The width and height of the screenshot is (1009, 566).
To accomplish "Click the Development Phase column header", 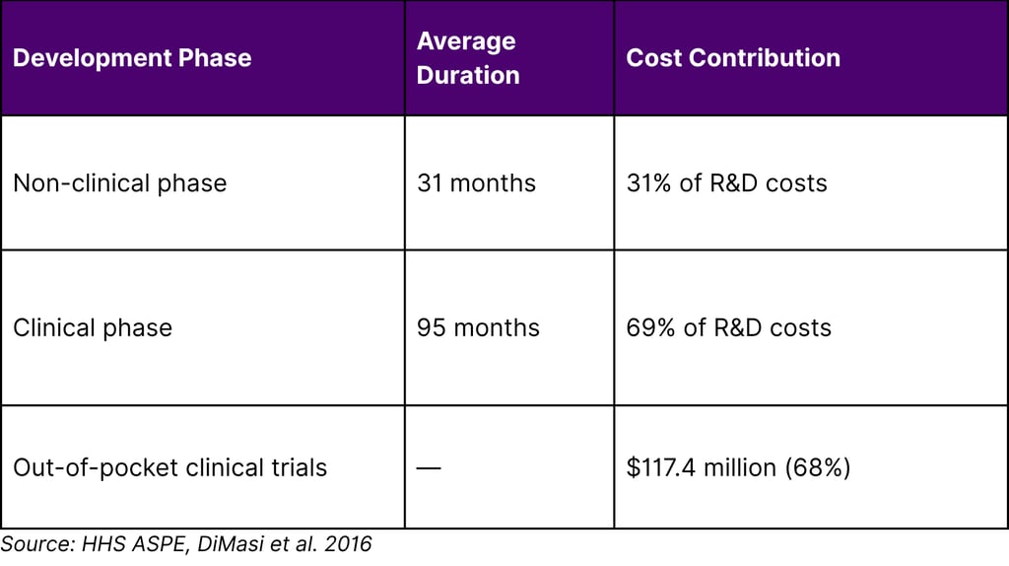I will tap(132, 58).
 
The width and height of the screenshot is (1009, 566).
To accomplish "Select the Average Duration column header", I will tap(468, 58).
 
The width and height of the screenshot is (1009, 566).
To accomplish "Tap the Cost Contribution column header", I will tap(733, 58).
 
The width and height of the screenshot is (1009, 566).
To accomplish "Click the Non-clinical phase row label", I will tap(119, 183).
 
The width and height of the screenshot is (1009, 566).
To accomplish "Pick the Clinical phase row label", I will tap(93, 328).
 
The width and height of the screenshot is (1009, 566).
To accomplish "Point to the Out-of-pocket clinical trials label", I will tap(169, 467).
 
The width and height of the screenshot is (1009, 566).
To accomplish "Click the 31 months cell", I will tap(476, 183).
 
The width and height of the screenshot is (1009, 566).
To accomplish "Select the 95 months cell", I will tap(478, 328).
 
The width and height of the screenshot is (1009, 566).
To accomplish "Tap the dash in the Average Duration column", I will tap(429, 467).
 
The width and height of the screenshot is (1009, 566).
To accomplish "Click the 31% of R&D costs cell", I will tap(726, 183).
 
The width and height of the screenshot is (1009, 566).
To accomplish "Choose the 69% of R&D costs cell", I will tap(728, 328).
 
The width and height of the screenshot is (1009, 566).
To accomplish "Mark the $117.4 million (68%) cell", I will tap(738, 467).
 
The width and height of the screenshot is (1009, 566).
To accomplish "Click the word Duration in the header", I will tap(468, 75).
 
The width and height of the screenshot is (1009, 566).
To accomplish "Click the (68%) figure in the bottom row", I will tap(818, 467).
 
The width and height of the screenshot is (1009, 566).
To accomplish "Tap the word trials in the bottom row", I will tap(299, 467).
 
